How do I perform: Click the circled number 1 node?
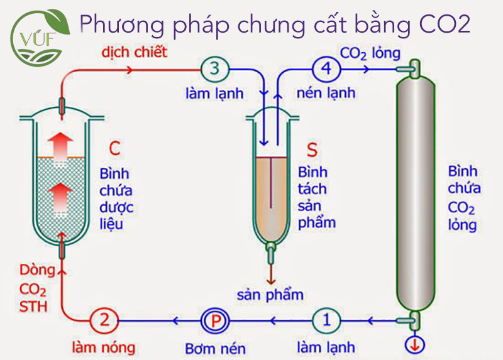(x=326, y=320)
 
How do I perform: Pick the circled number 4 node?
(x=326, y=68)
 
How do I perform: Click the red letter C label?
(x=114, y=149)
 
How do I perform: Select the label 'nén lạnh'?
(x=326, y=93)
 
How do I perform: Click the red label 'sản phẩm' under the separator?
(x=270, y=294)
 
